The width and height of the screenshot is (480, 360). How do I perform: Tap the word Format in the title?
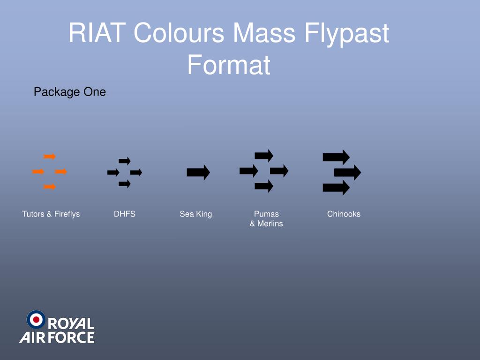[229, 65]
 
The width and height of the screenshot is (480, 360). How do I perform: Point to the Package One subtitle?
[70, 92]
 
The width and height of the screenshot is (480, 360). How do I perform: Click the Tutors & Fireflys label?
[51, 214]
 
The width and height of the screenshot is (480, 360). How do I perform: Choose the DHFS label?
[125, 214]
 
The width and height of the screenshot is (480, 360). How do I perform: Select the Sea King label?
[196, 214]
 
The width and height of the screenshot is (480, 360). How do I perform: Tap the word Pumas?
[266, 214]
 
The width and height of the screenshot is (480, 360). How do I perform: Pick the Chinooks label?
[344, 214]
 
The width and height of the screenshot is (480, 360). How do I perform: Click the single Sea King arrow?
[198, 172]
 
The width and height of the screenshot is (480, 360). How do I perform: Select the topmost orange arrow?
[50, 157]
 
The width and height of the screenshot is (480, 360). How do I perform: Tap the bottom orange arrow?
[50, 187]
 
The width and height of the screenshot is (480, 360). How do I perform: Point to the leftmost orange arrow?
[38, 172]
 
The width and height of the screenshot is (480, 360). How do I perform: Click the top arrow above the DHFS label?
[125, 161]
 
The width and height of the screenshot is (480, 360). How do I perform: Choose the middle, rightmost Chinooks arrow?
[347, 172]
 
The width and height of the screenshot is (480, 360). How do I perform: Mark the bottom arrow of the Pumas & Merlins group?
[264, 186]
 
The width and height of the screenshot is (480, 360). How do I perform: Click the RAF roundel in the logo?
[36, 319]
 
